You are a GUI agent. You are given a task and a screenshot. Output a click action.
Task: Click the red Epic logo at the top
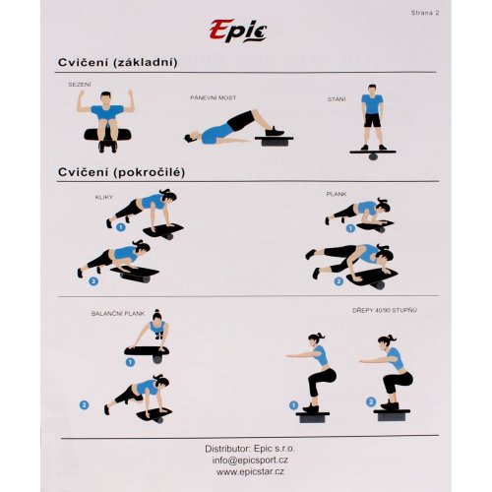(238, 31)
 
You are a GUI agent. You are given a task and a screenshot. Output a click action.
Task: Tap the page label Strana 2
(425, 13)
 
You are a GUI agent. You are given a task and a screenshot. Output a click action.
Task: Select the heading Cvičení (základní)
(118, 62)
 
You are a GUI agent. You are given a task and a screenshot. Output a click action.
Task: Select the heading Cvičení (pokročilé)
(121, 172)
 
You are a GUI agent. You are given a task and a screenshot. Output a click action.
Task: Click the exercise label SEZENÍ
(80, 85)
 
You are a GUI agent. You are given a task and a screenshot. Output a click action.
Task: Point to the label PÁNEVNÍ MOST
(214, 97)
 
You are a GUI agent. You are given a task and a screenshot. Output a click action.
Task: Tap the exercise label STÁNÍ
(337, 99)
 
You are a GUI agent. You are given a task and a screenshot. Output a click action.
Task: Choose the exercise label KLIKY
(103, 197)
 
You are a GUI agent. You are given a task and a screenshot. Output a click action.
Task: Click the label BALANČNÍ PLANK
(118, 314)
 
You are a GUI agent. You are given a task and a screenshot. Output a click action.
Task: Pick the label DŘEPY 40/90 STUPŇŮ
(385, 310)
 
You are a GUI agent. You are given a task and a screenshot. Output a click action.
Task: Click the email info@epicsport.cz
(250, 461)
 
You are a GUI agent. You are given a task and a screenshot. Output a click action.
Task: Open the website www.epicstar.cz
(250, 472)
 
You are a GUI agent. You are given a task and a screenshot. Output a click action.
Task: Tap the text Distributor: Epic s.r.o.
(250, 449)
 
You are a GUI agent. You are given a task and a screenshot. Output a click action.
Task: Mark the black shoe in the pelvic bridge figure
(275, 131)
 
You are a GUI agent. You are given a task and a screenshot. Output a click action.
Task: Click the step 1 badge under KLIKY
(121, 227)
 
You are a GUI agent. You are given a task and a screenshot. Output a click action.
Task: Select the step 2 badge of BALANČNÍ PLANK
(85, 405)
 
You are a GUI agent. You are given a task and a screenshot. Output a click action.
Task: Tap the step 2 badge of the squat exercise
(371, 401)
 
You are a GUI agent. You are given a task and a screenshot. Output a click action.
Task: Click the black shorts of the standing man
(372, 120)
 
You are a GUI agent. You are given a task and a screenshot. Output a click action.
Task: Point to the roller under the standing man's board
(373, 156)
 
